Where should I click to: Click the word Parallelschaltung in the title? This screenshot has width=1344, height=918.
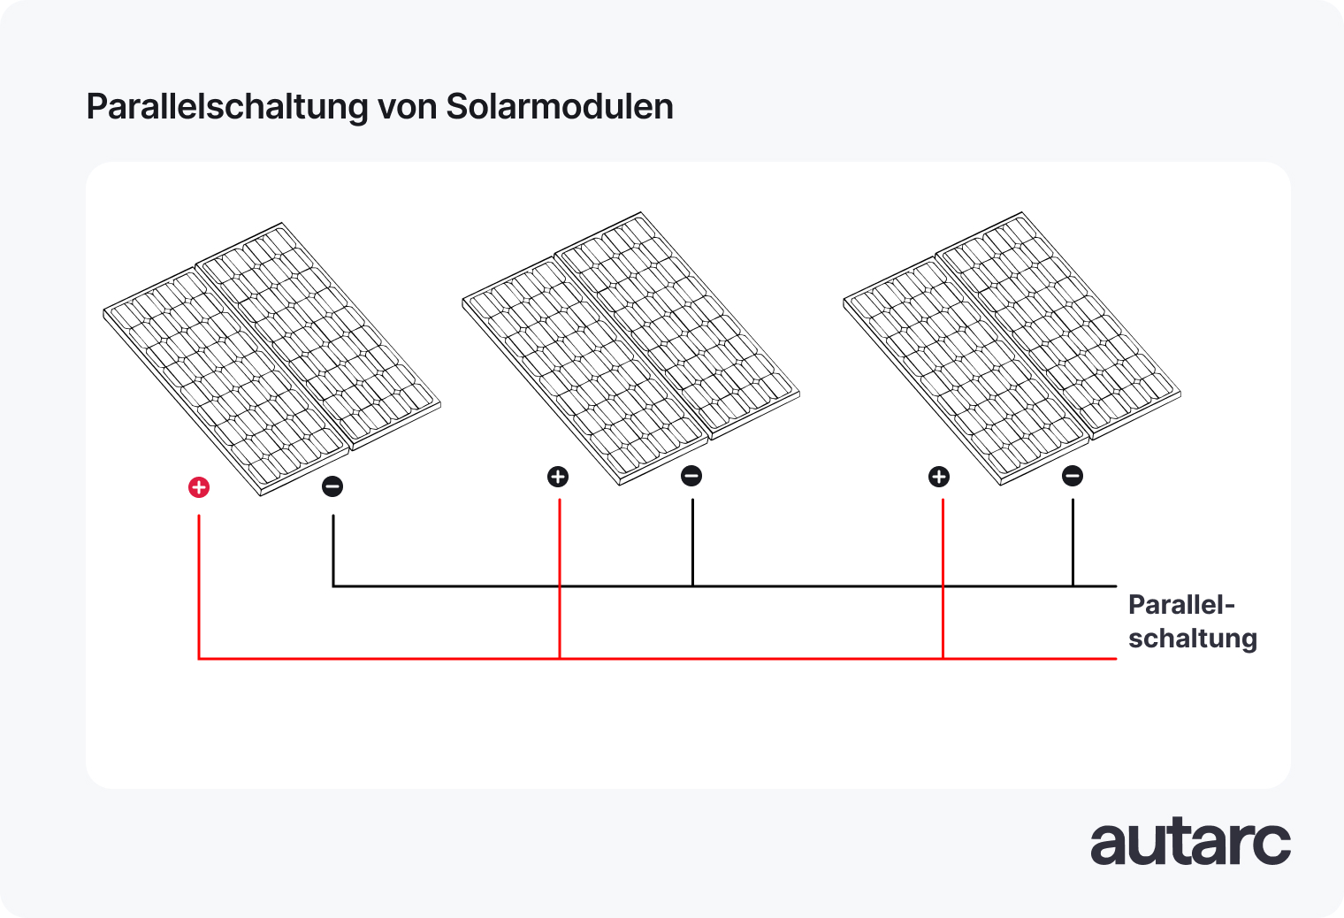pos(227,107)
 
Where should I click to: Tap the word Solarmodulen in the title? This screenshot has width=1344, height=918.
pos(560,107)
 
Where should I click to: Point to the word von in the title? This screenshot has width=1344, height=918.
pos(407,107)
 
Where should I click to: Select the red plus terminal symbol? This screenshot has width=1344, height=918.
pos(199,487)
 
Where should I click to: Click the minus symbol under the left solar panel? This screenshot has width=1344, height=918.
pos(332,486)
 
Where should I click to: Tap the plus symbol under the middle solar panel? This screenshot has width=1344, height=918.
pos(558,477)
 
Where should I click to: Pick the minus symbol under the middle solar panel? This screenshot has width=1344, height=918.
pos(691,476)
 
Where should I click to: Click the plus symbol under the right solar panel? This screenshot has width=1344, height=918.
pos(939,477)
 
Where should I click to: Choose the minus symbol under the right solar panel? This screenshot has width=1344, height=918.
pos(1073,476)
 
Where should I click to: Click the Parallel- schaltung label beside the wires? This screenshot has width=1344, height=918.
pos(1192,621)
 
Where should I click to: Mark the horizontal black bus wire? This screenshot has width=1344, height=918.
pos(796,585)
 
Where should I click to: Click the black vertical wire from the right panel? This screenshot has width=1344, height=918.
pos(1073,541)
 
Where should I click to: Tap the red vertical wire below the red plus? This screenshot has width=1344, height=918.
pos(199,584)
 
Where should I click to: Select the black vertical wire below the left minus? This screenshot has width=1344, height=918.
pos(333,548)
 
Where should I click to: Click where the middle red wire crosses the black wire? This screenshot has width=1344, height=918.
pos(560,585)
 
